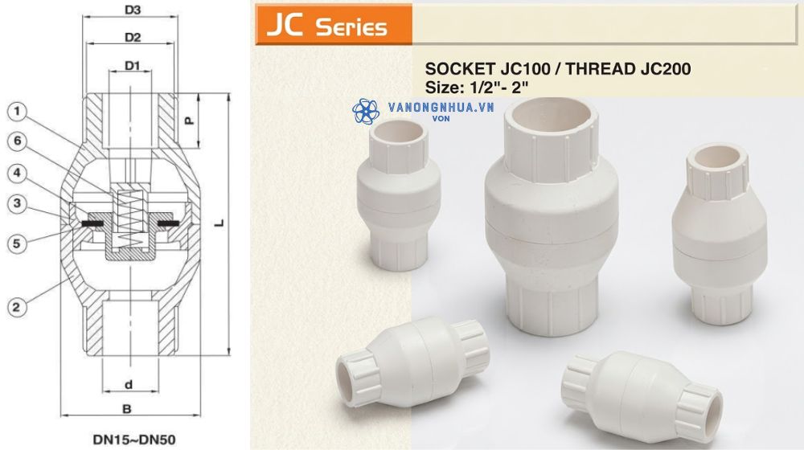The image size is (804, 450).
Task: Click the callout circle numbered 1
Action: pyautogui.click(x=18, y=111)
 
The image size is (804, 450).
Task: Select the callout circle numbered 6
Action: pyautogui.click(x=18, y=141)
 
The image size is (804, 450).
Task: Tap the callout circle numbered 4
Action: pyautogui.click(x=18, y=174)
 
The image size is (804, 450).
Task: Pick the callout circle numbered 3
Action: pyautogui.click(x=18, y=203)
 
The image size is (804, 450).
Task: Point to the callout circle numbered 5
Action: pyautogui.click(x=18, y=243)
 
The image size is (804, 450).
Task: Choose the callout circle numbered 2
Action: pyautogui.click(x=18, y=307)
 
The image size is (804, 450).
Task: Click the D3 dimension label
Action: pyautogui.click(x=133, y=10)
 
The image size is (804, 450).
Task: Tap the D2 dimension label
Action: pyautogui.click(x=133, y=38)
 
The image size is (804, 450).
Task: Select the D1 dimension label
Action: pyautogui.click(x=133, y=66)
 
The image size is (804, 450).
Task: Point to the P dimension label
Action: pyautogui.click(x=189, y=121)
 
